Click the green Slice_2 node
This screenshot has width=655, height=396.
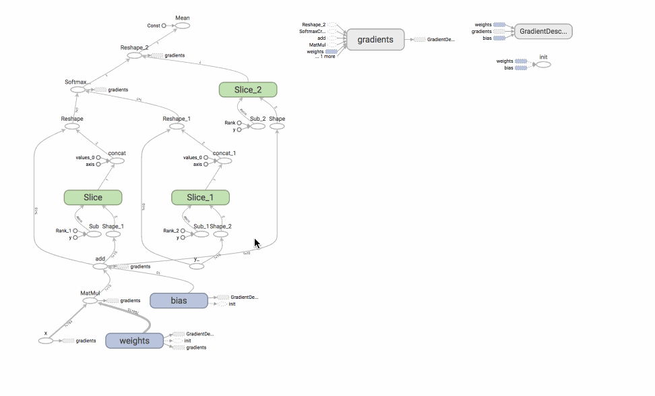click(248, 90)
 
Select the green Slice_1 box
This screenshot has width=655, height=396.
click(200, 197)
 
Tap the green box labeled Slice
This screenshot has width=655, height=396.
click(93, 197)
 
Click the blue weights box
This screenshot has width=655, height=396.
click(134, 341)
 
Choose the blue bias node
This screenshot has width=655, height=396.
click(178, 300)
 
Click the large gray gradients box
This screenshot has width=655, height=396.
click(375, 40)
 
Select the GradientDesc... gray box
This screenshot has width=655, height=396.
click(543, 31)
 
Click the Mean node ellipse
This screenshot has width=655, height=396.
click(182, 26)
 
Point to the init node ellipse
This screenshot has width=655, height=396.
click(543, 65)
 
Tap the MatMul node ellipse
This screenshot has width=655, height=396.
click(90, 301)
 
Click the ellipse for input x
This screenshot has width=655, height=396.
click(46, 341)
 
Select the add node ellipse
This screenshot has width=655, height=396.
click(100, 266)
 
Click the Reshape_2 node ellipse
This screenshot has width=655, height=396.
click(135, 55)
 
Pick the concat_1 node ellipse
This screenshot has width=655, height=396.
click(224, 161)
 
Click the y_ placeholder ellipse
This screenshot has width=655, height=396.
click(197, 266)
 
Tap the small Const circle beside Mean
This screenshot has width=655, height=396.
click(164, 26)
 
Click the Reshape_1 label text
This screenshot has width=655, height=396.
click(177, 119)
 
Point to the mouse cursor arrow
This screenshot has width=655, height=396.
click(257, 243)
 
